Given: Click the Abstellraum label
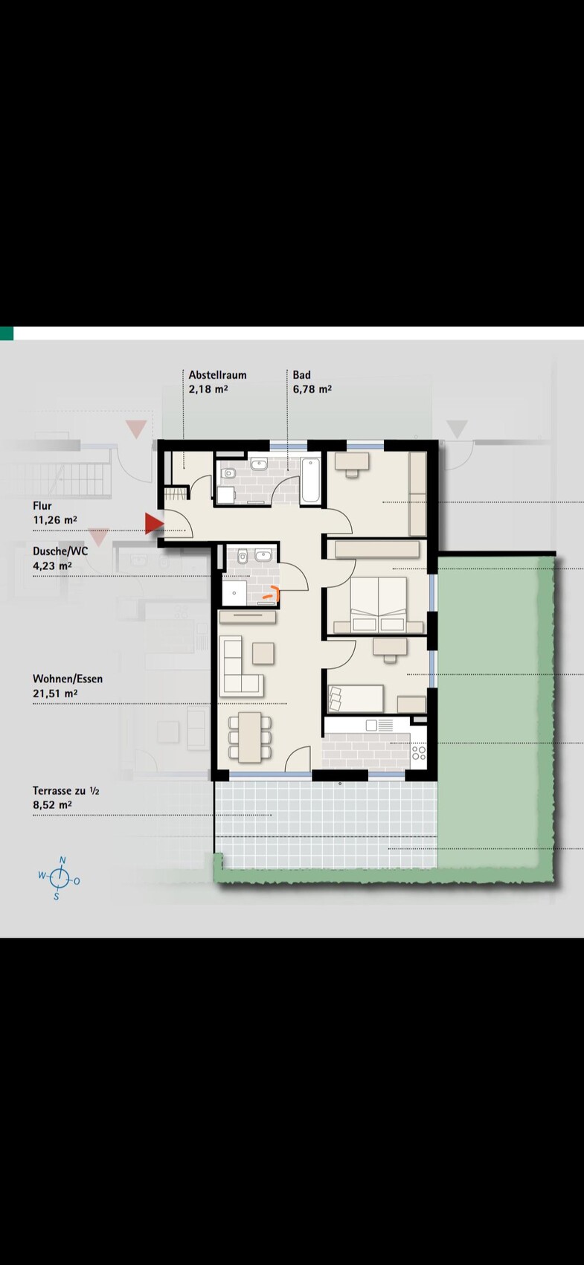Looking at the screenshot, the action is [217, 375].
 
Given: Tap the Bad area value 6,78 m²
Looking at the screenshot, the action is [312, 389].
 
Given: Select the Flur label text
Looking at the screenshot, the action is [42, 506].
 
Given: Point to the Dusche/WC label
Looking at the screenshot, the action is [60, 551].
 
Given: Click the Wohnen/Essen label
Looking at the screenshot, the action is [68, 679].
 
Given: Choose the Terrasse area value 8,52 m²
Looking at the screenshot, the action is [52, 805].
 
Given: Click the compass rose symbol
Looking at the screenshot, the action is [58, 878].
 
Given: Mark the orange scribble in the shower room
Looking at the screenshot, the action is [273, 593].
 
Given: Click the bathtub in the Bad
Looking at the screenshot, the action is [311, 481].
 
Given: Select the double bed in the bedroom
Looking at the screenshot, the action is [379, 603].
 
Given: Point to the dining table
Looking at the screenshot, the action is [250, 737].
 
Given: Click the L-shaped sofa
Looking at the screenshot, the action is [240, 666].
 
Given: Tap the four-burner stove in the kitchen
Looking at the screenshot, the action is [419, 753].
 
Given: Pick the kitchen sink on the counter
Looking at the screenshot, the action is [379, 725].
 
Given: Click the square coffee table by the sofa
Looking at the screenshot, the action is [263, 653].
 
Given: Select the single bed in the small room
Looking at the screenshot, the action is [356, 699].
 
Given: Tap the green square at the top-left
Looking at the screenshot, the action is [6, 333].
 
